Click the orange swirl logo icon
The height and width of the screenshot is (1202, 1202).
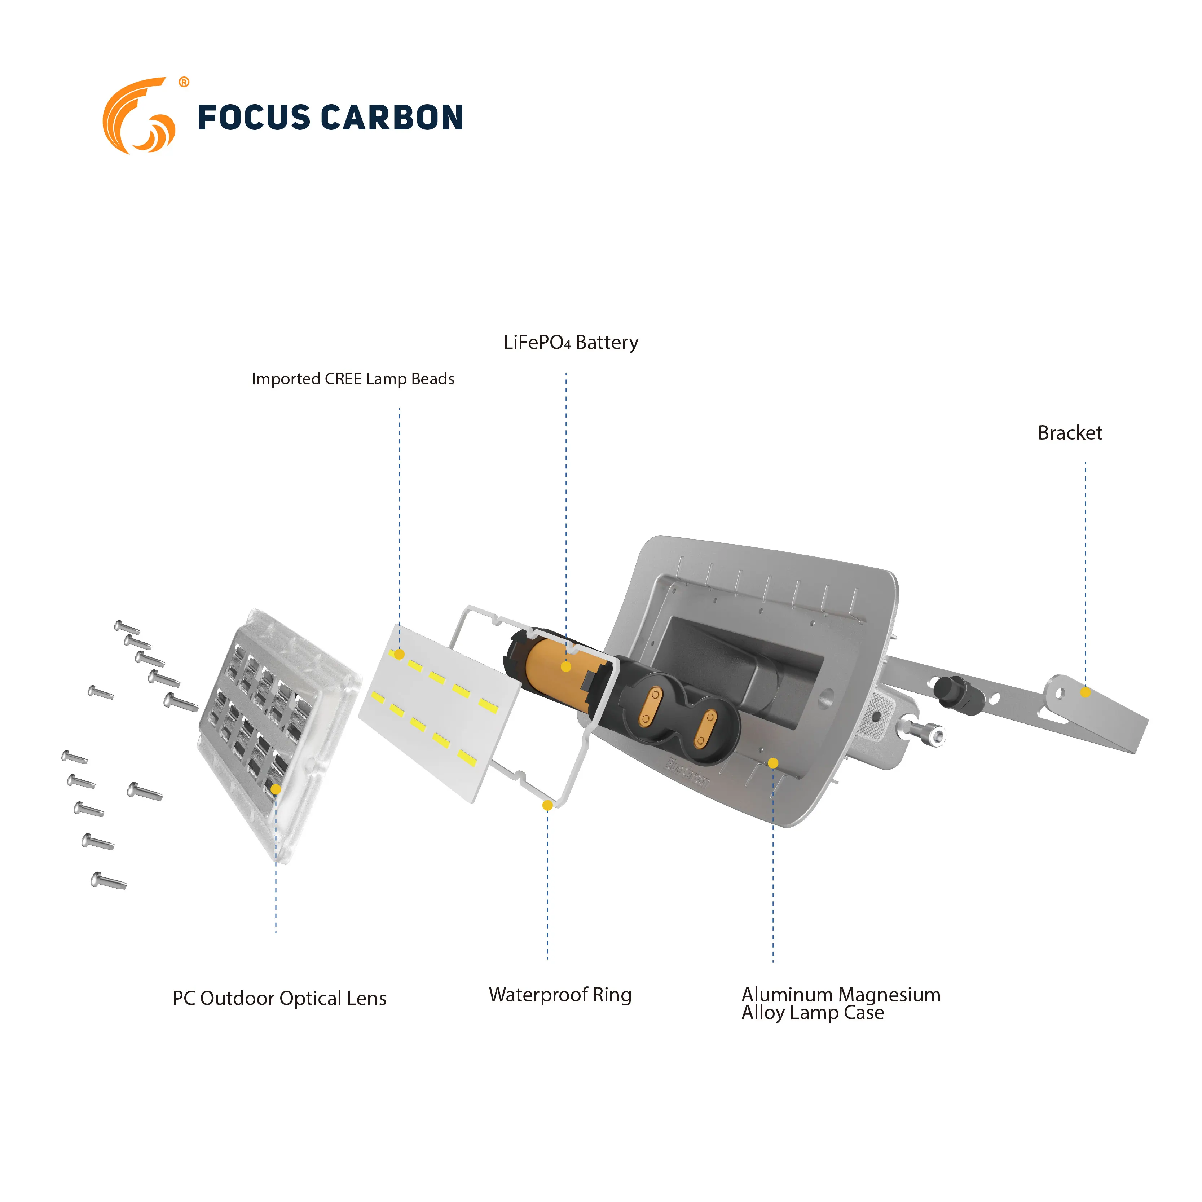pos(138,116)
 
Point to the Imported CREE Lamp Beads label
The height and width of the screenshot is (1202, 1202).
pos(353,379)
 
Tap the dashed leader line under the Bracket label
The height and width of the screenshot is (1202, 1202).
pos(1086,560)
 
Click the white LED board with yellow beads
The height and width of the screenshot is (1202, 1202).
pos(439,716)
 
